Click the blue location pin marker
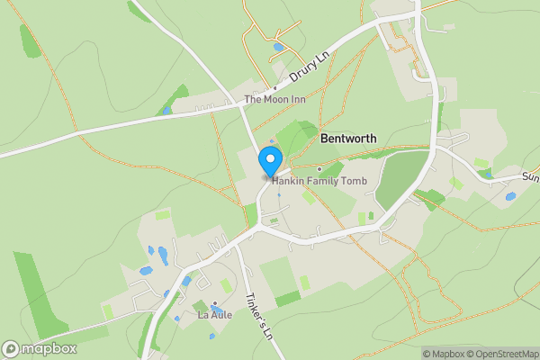(x=269, y=162)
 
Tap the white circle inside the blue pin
(x=269, y=159)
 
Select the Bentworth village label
(x=348, y=139)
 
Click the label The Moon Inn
(x=275, y=99)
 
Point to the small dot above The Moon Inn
(x=275, y=88)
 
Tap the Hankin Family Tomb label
(x=314, y=181)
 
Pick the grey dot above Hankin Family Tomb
(x=319, y=168)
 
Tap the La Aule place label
(x=215, y=316)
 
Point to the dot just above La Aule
(x=215, y=304)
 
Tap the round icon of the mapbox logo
(x=12, y=348)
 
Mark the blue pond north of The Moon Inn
(x=278, y=47)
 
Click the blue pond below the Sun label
(x=510, y=196)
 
